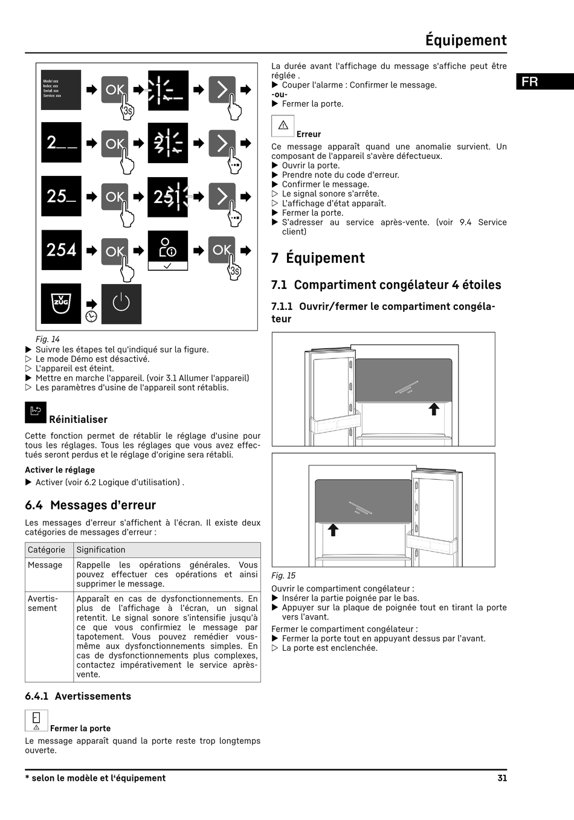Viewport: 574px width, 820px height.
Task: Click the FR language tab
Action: pyautogui.click(x=544, y=82)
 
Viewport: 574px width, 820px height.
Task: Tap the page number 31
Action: pyautogui.click(x=502, y=778)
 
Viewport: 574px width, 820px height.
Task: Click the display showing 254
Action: pyautogui.click(x=61, y=250)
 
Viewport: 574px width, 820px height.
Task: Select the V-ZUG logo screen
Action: pyautogui.click(x=61, y=304)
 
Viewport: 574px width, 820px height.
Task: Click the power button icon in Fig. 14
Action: pyautogui.click(x=121, y=304)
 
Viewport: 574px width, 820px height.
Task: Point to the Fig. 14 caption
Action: pyautogui.click(x=48, y=339)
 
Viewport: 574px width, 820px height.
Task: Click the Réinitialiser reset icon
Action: pyautogui.click(x=36, y=412)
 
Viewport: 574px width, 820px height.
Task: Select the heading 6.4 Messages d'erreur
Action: pyautogui.click(x=91, y=505)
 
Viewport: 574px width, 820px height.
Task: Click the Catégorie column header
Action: pyautogui.click(x=47, y=550)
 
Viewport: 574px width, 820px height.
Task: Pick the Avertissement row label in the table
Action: pyautogui.click(x=43, y=604)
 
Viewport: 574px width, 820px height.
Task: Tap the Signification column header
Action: pyautogui.click(x=101, y=550)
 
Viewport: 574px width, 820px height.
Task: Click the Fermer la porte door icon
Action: pyautogui.click(x=36, y=720)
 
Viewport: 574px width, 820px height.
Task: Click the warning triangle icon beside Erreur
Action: pyautogui.click(x=283, y=126)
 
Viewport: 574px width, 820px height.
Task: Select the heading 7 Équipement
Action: pyautogui.click(x=318, y=258)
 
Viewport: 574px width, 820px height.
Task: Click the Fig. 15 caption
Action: pyautogui.click(x=283, y=575)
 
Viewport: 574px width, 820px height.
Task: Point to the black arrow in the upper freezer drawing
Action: pyautogui.click(x=434, y=409)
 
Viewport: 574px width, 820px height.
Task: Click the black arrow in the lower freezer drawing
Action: pyautogui.click(x=333, y=530)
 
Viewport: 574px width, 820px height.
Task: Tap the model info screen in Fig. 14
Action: pyautogui.click(x=61, y=90)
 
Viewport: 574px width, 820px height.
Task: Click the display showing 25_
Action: pyautogui.click(x=61, y=196)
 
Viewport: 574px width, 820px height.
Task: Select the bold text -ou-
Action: pyautogui.click(x=279, y=94)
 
